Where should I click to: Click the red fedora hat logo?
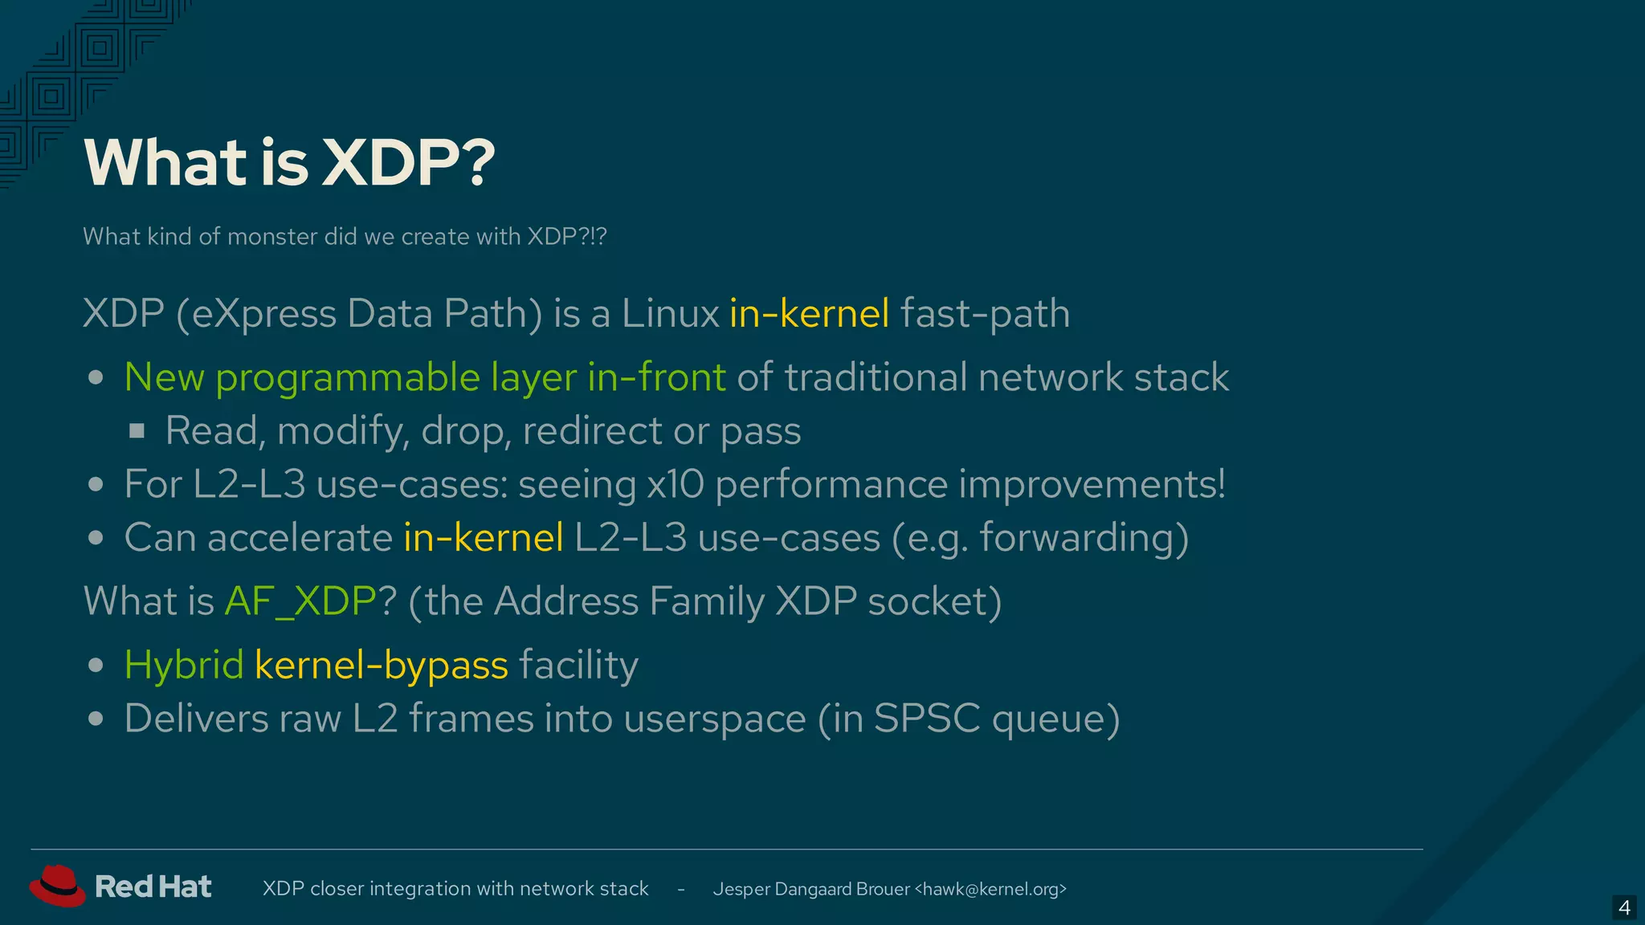click(x=57, y=886)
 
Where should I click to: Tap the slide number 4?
click(x=1624, y=908)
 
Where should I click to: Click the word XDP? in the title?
click(x=409, y=162)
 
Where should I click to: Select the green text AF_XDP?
click(x=300, y=601)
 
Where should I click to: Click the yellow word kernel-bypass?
click(x=381, y=665)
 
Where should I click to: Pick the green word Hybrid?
click(x=184, y=665)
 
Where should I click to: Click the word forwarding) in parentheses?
click(x=1084, y=538)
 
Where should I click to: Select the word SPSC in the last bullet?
click(x=926, y=719)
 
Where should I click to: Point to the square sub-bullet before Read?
click(x=137, y=431)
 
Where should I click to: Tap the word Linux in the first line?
click(x=670, y=313)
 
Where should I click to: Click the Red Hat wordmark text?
click(x=153, y=886)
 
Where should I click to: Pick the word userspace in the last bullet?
click(x=714, y=719)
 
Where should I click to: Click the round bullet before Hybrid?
click(x=96, y=666)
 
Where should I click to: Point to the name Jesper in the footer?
click(x=741, y=889)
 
